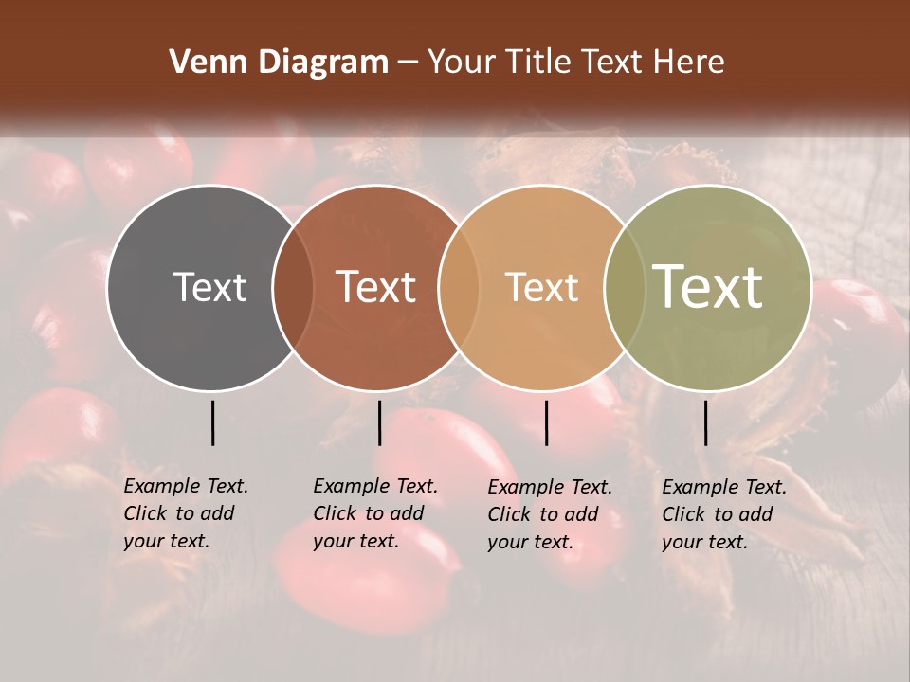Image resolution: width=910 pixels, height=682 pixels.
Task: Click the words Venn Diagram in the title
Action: click(279, 63)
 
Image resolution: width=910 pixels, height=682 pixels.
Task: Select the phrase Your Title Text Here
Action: click(575, 63)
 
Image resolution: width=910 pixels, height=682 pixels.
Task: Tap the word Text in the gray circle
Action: click(209, 287)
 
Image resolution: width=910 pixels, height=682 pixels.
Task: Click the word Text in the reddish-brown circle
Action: click(376, 287)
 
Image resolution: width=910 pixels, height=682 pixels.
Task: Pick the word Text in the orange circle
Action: click(541, 287)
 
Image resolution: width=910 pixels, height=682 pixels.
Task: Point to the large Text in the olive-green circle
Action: click(708, 287)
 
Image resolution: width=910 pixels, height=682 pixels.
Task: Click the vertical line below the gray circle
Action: click(213, 422)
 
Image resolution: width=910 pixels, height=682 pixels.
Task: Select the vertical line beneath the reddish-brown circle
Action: click(379, 422)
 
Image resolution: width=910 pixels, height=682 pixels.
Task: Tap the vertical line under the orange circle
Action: click(546, 422)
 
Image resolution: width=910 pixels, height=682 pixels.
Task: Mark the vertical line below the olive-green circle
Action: click(706, 422)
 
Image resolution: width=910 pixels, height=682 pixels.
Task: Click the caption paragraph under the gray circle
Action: click(185, 513)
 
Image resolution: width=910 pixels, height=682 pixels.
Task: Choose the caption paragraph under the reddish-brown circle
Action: click(374, 513)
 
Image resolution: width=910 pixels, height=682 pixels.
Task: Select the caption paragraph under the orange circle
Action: click(549, 514)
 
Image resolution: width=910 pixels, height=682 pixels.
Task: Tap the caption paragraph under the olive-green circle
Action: click(723, 514)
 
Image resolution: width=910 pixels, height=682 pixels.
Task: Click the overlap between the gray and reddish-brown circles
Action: click(293, 287)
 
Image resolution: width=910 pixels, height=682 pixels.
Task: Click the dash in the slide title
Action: click(408, 63)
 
